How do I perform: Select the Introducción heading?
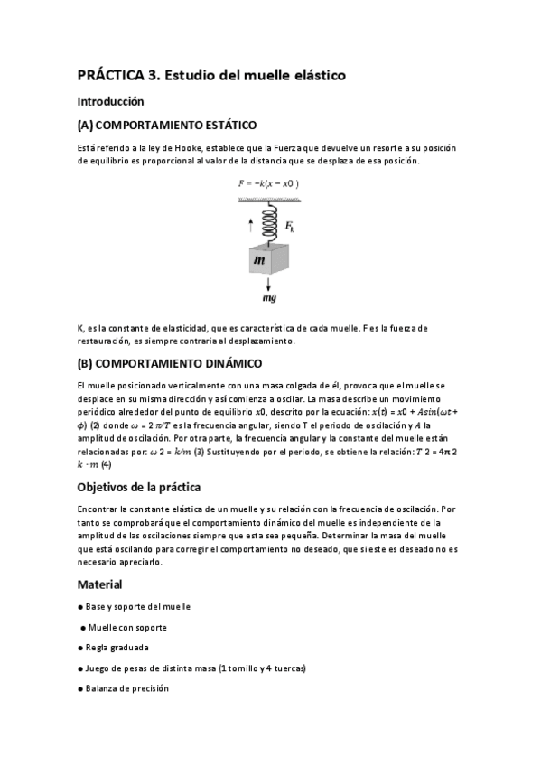111,101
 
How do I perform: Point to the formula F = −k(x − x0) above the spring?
268,183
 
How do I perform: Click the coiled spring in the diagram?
268,220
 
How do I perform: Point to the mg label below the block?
268,298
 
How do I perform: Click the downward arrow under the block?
268,284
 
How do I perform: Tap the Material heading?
100,584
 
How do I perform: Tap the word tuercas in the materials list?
287,668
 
